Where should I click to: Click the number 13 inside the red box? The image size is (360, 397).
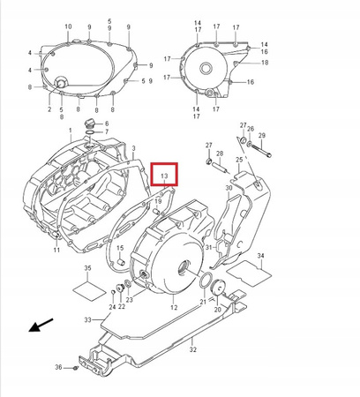(x=164, y=176)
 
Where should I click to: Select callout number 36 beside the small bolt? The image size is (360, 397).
(x=58, y=367)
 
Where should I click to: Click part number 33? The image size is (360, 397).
(x=88, y=318)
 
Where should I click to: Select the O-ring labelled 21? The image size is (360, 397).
(x=204, y=282)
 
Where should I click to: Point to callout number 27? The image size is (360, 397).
(x=209, y=145)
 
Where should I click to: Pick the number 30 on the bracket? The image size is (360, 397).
(x=228, y=188)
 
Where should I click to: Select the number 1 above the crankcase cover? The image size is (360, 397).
(x=71, y=130)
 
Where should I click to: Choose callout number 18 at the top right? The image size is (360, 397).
(x=265, y=64)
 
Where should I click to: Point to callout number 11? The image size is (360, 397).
(x=56, y=251)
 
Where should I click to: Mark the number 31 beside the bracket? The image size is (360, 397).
(x=209, y=248)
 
